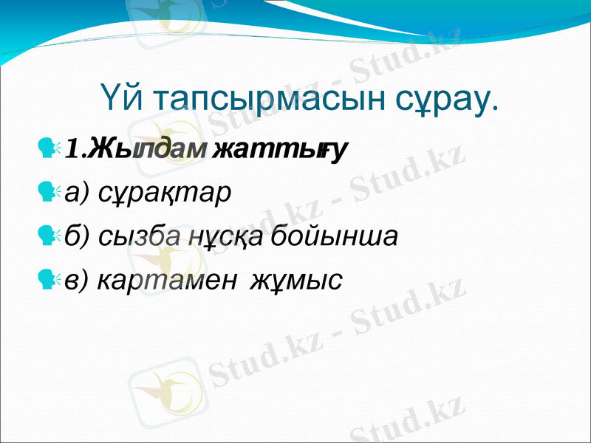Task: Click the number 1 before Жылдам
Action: tap(72, 150)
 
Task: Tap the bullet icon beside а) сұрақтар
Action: tap(49, 193)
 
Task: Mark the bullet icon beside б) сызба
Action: tap(49, 237)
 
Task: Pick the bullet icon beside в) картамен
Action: tap(49, 281)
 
